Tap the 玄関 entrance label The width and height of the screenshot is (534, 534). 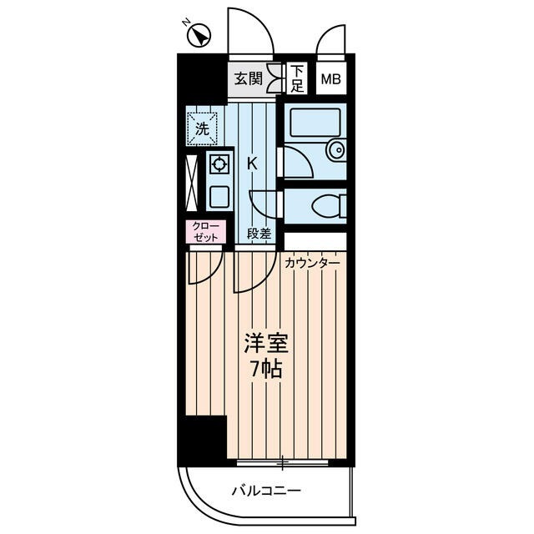pos(248,79)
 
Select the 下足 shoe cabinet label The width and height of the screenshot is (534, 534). pos(297,78)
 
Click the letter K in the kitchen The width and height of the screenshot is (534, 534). pos(251,164)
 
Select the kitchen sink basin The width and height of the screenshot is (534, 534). pos(219,198)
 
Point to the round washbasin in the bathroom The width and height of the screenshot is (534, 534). pos(335,150)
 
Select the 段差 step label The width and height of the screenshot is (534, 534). pos(259,234)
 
